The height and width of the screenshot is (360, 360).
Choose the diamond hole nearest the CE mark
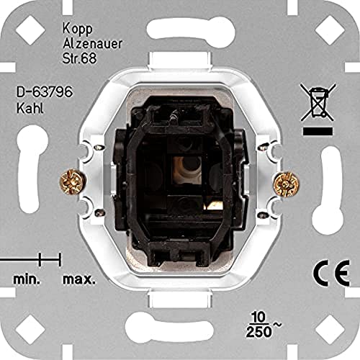coord(331,330)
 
